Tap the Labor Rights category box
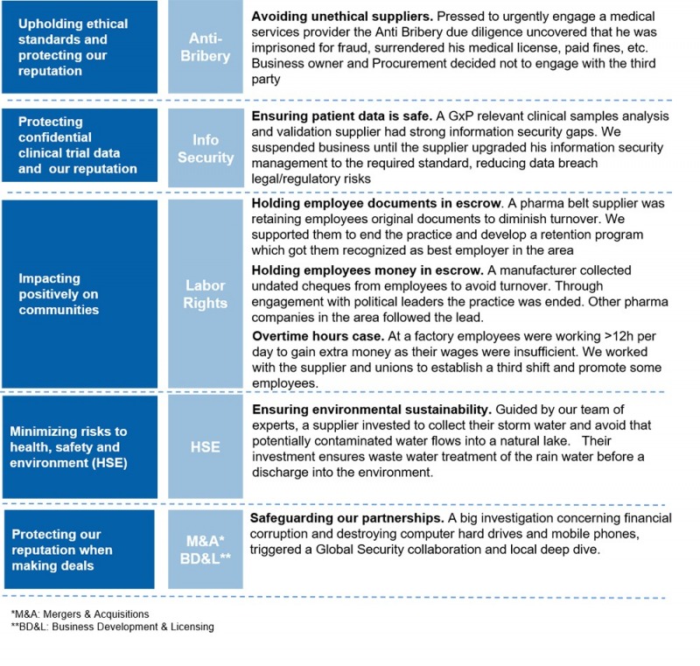pyautogui.click(x=206, y=294)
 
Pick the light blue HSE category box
pyautogui.click(x=206, y=447)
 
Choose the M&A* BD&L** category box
pyautogui.click(x=206, y=549)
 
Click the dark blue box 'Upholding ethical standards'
pyautogui.click(x=80, y=47)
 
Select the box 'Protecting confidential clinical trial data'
pyautogui.click(x=80, y=145)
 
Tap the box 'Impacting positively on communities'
pyautogui.click(x=80, y=294)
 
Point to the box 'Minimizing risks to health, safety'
pyautogui.click(x=80, y=447)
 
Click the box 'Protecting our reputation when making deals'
pyautogui.click(x=80, y=550)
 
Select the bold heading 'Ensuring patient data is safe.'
pyautogui.click(x=342, y=116)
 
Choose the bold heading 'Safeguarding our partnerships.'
pyautogui.click(x=345, y=519)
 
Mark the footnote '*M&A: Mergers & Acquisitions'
pyautogui.click(x=80, y=614)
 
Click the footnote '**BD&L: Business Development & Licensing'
pyautogui.click(x=112, y=627)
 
